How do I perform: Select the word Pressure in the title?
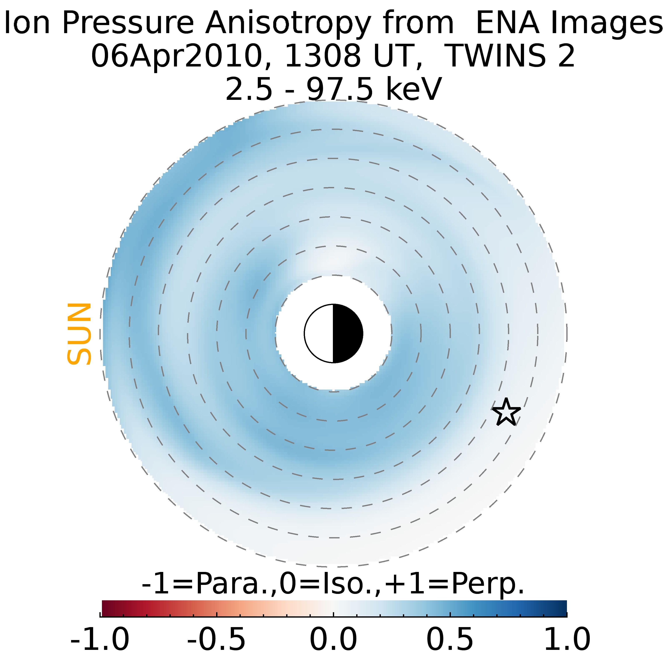[128, 24]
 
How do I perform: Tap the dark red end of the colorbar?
[105, 609]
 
